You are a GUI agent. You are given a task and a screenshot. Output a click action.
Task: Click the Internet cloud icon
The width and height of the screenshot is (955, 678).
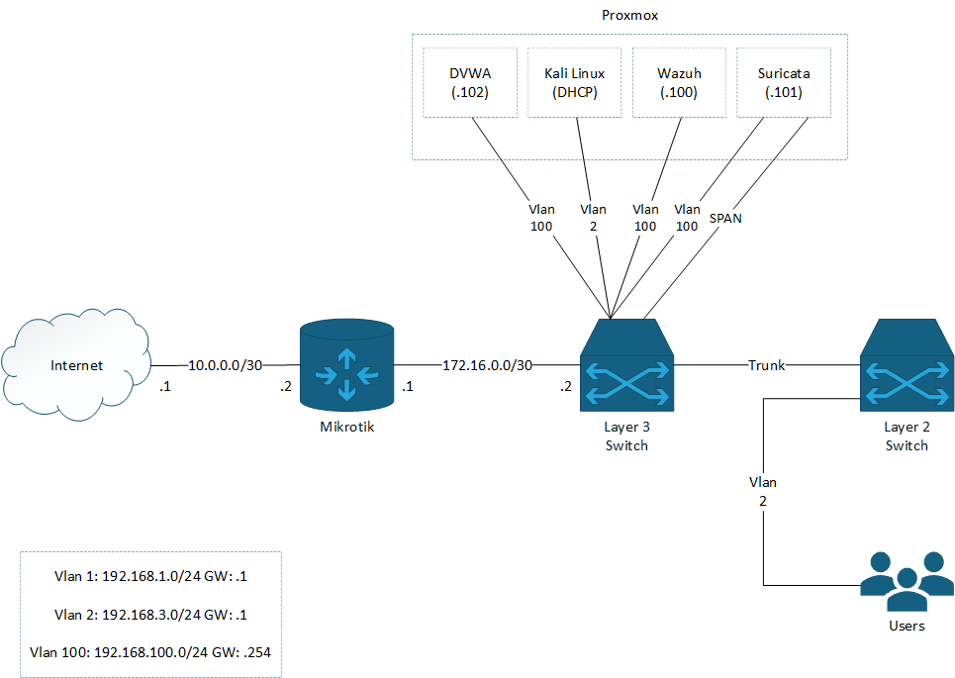pos(77,363)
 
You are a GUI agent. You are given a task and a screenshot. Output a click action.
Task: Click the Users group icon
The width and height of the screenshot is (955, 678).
pos(907,582)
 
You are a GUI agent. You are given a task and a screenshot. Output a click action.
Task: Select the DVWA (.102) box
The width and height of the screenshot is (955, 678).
pos(470,83)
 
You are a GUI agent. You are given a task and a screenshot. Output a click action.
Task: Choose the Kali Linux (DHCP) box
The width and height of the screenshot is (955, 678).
pos(574,83)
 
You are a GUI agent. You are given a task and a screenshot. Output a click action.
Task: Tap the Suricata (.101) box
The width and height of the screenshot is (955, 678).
pos(783,83)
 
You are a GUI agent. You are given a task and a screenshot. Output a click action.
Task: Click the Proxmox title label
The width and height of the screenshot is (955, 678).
pos(629,16)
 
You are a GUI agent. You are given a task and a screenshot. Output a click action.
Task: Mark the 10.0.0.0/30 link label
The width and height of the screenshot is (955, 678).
pos(226,365)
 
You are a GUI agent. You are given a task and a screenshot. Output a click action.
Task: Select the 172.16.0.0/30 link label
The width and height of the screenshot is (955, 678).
pos(487,365)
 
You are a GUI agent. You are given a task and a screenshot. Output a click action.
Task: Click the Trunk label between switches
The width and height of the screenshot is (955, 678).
pos(766,365)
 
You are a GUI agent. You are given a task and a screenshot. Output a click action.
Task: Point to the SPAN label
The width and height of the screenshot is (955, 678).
pos(725,217)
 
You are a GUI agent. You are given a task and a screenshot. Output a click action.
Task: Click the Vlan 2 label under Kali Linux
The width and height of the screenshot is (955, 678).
pos(593,217)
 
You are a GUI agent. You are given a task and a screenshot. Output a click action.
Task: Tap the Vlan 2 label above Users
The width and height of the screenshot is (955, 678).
pos(762,491)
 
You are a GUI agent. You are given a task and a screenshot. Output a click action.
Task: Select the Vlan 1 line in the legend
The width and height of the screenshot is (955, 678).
pos(150,575)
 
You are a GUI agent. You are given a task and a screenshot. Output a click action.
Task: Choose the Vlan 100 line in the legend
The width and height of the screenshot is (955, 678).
pos(150,652)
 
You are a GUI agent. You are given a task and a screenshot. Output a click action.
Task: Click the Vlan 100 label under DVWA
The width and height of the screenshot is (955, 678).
pos(541,217)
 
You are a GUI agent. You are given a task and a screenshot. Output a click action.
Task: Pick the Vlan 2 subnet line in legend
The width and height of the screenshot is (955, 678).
pos(150,614)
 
